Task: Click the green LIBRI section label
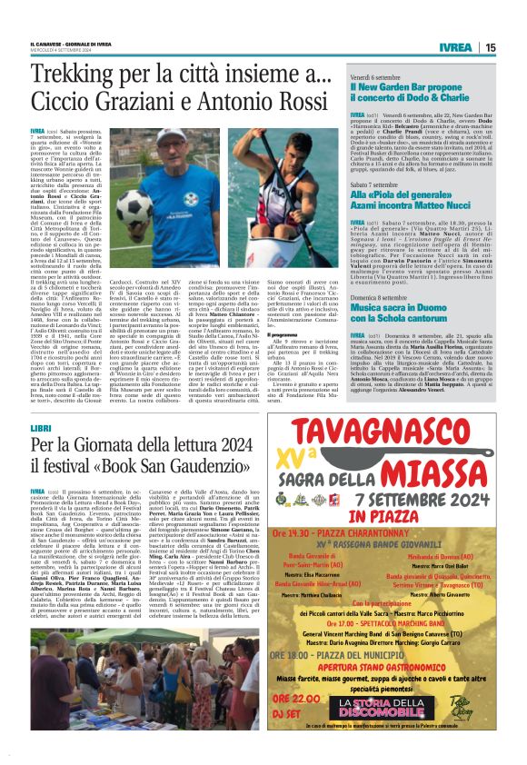40,427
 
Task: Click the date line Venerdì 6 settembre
381,77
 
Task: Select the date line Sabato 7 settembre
380,183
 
